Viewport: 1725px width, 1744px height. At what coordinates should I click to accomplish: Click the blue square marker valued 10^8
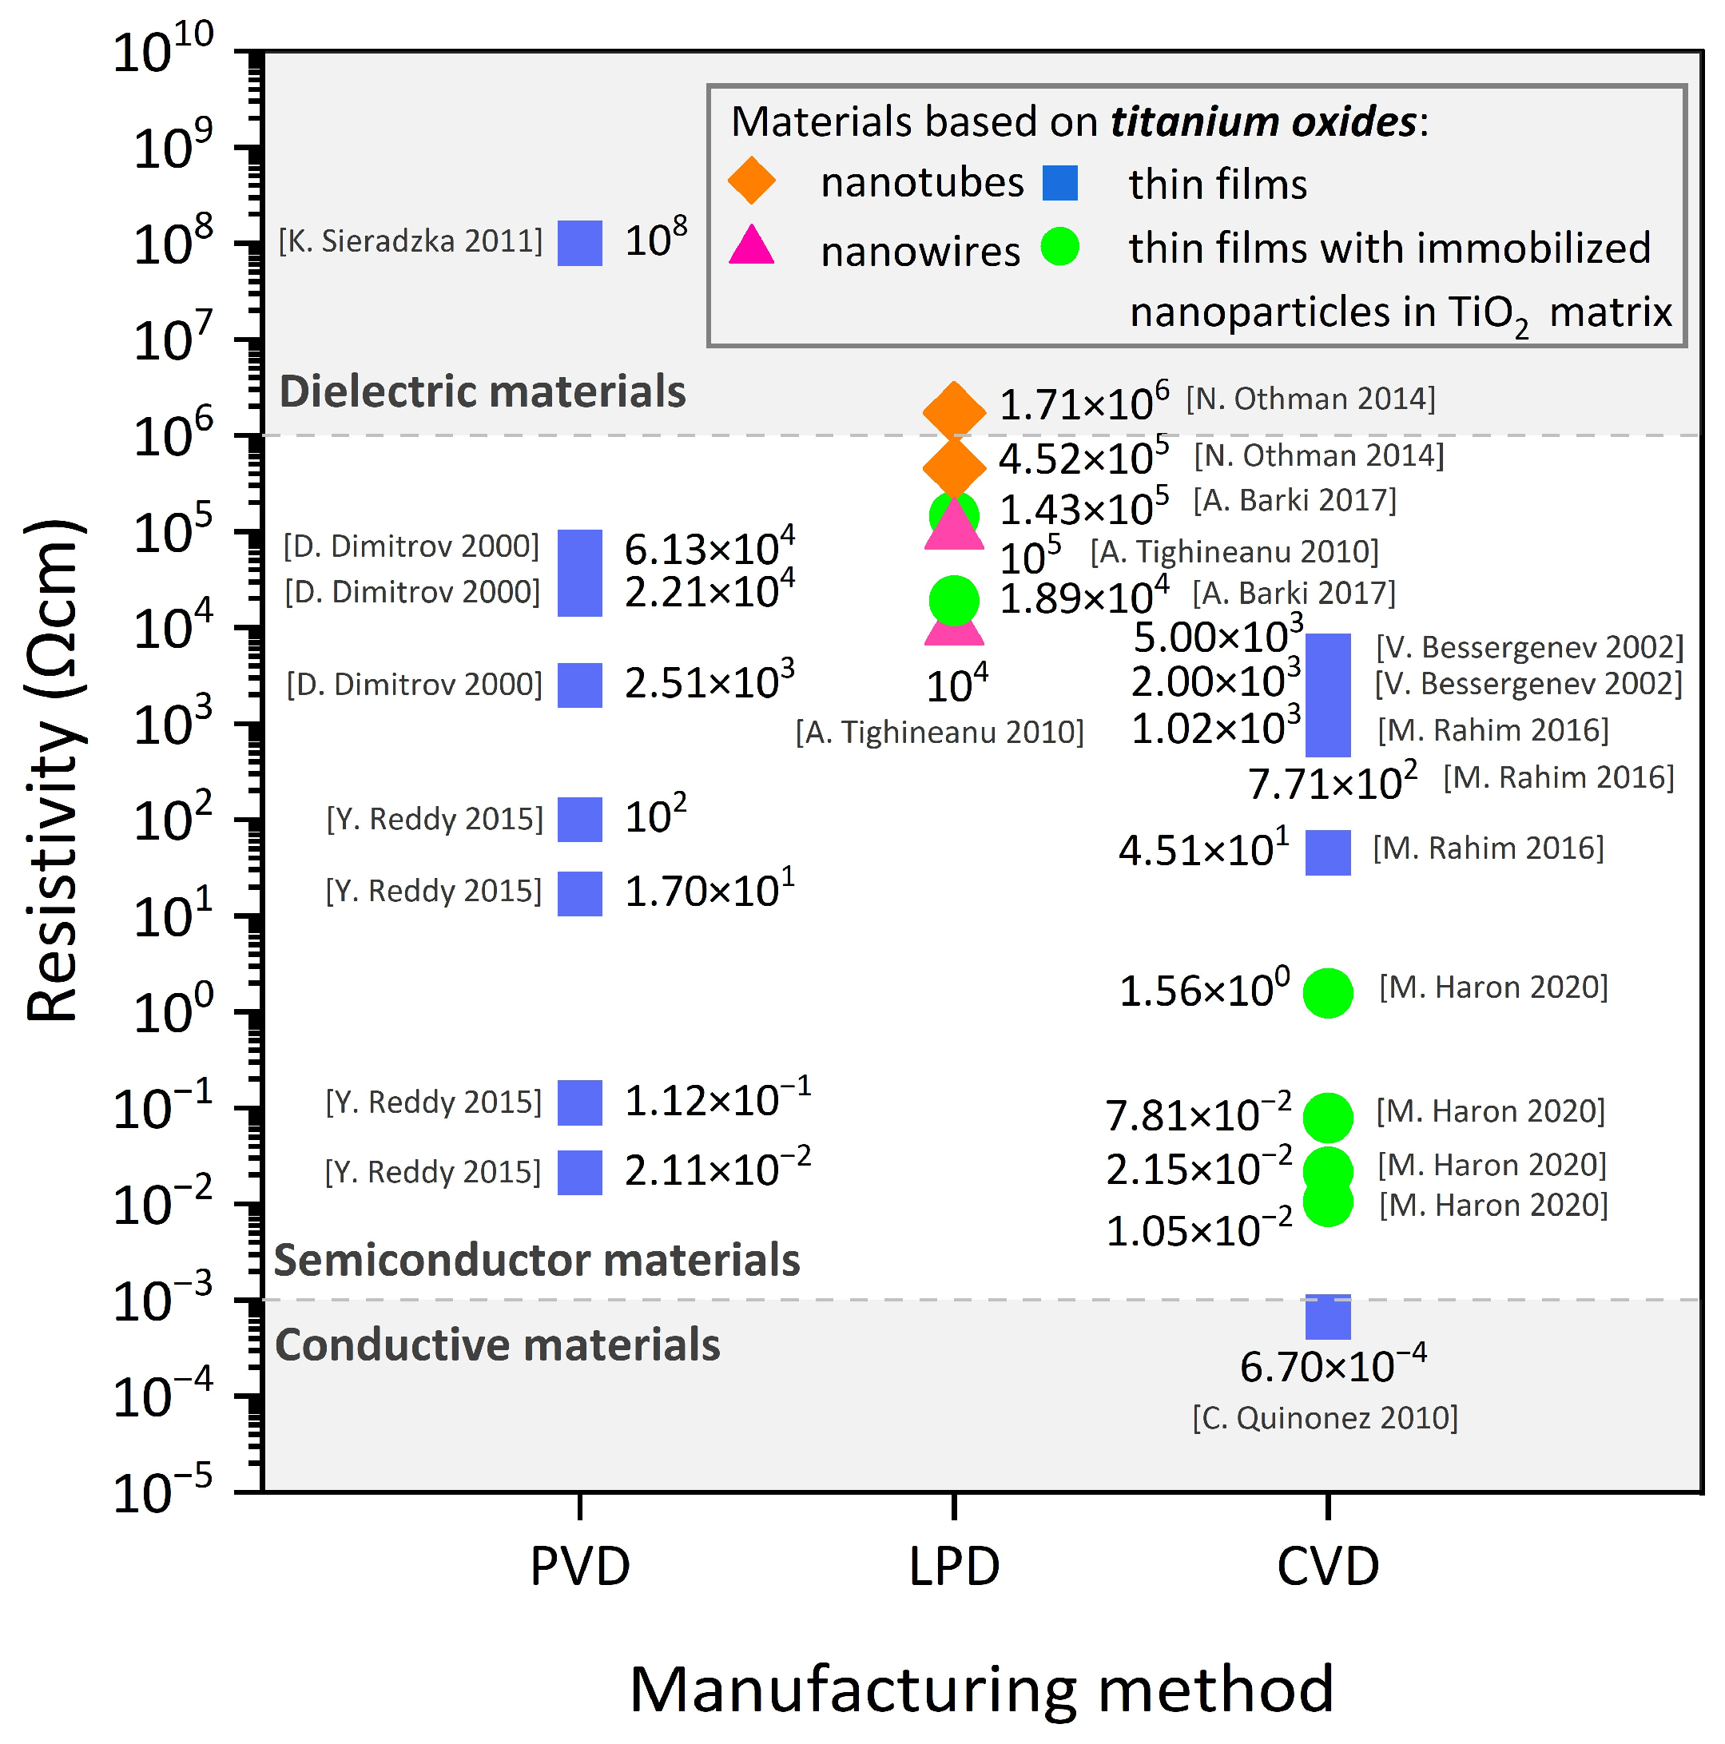tap(579, 243)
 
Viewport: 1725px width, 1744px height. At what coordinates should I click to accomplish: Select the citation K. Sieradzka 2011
tap(411, 241)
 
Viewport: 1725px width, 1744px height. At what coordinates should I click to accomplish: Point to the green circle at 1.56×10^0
tap(1328, 993)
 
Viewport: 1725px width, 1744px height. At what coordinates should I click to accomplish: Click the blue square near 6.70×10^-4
tap(1328, 1317)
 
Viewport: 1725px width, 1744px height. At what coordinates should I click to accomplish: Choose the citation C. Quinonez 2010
tap(1324, 1418)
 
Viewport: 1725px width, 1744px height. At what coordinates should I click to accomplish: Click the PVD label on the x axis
tap(579, 1566)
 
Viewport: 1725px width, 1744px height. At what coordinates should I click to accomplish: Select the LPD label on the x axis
tap(954, 1566)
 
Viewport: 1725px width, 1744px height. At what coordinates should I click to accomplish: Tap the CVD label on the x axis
tap(1328, 1566)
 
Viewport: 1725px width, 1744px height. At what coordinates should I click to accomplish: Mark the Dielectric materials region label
tap(482, 391)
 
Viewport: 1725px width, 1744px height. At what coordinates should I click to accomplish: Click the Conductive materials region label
tap(498, 1345)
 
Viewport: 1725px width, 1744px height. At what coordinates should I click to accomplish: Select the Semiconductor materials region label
tap(536, 1260)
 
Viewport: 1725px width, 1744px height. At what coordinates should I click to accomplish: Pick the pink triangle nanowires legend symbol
tap(751, 245)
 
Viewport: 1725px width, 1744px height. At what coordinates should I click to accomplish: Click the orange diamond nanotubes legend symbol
tap(751, 181)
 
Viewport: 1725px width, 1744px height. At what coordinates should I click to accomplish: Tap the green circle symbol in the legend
tap(1059, 245)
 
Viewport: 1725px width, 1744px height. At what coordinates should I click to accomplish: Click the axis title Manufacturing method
tap(981, 1689)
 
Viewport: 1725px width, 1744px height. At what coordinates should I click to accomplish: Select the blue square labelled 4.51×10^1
tap(1328, 852)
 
